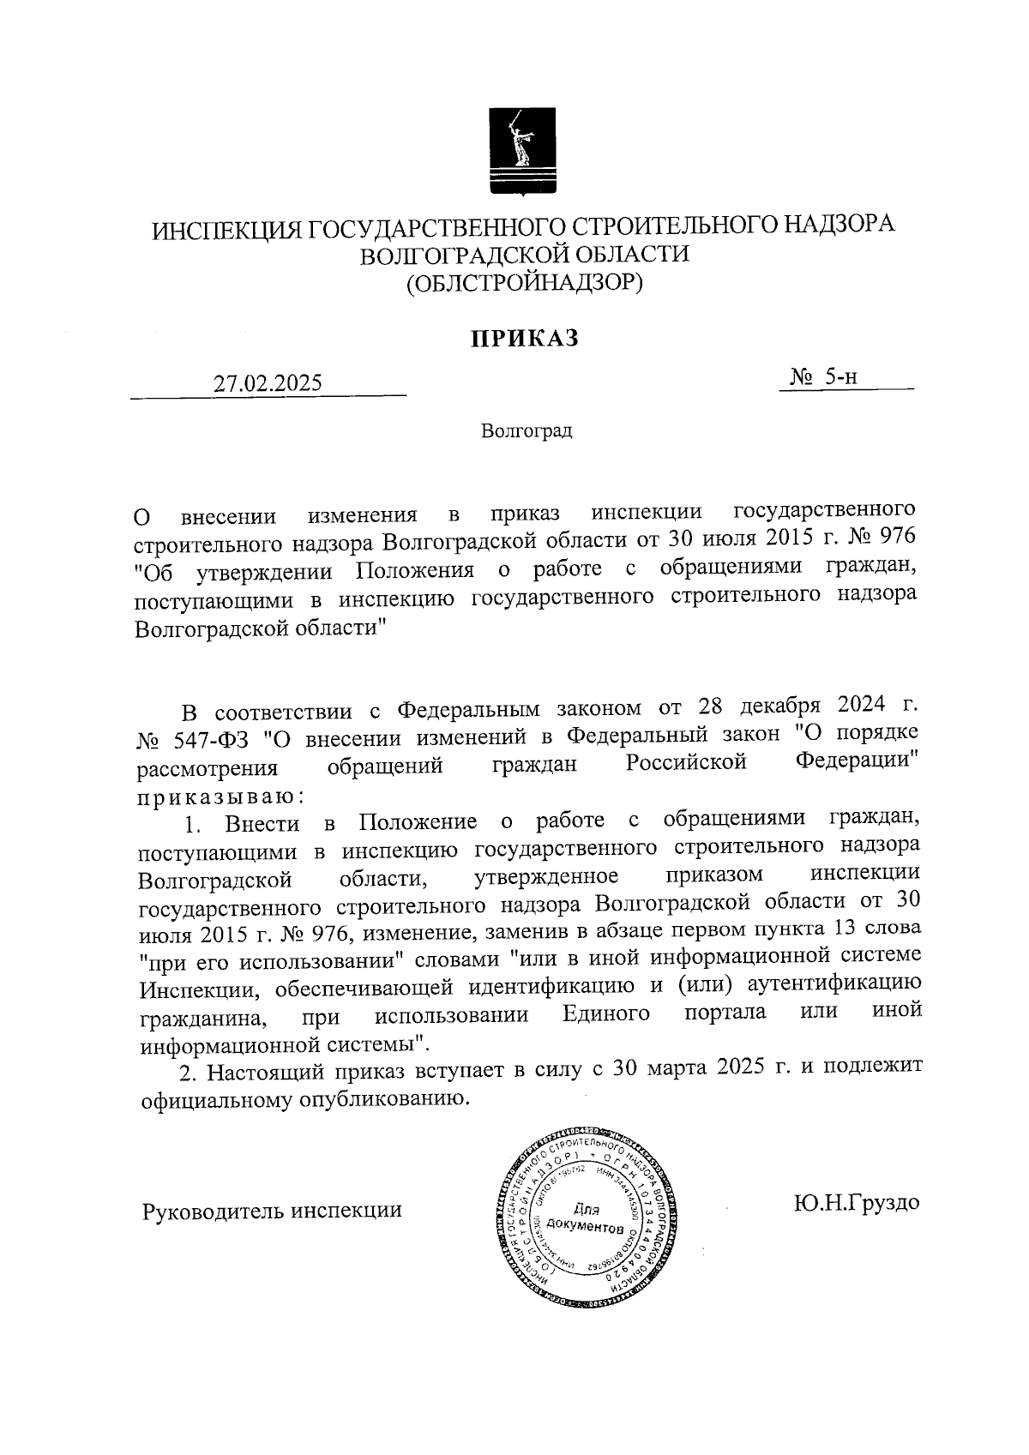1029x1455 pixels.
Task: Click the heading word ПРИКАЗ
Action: pyautogui.click(x=524, y=339)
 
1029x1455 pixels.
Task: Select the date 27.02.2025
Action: pyautogui.click(x=268, y=382)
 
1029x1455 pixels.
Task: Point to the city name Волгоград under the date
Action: pyautogui.click(x=526, y=430)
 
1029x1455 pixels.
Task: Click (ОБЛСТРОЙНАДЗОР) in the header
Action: pyautogui.click(x=524, y=281)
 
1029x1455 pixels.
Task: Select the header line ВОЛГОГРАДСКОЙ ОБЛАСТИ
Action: pyautogui.click(x=524, y=254)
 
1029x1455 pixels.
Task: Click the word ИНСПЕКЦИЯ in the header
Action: pyautogui.click(x=225, y=229)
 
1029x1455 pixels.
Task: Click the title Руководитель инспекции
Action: pyautogui.click(x=271, y=1210)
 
